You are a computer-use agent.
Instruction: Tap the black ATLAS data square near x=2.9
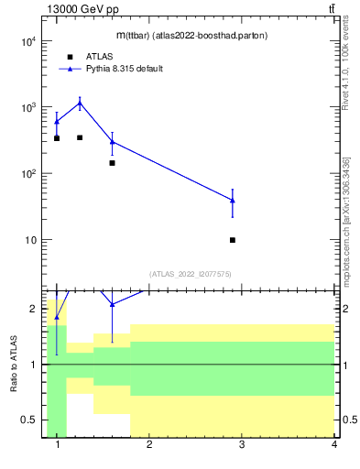coord(233,240)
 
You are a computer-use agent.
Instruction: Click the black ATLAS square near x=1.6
coord(112,163)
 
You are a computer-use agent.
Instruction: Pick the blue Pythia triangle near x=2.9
coord(233,200)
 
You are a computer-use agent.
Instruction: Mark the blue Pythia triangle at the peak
coord(80,104)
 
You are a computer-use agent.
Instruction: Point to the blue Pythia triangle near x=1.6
coord(112,141)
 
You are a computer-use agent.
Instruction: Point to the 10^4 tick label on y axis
coord(27,41)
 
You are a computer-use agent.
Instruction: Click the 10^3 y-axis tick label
coord(27,107)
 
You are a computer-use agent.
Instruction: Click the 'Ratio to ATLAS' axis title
coord(14,364)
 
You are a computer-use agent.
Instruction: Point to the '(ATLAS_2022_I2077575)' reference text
coord(190,273)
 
